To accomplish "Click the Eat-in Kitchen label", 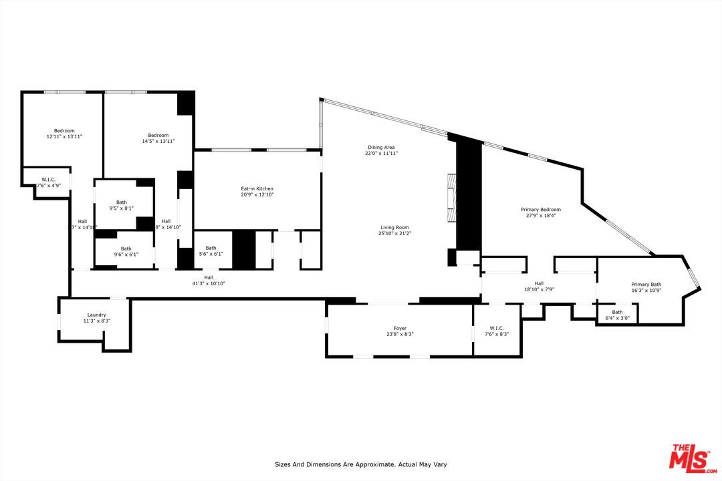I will coord(257,189).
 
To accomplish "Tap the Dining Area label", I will coord(381,147).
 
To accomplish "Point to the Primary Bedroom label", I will coord(541,210).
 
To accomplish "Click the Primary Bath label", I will coord(646,285).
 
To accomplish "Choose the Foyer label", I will coord(400,328).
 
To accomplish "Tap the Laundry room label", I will coord(97,315).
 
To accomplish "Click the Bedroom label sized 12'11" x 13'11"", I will coord(64,130).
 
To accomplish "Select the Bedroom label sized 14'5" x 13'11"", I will coord(158,136).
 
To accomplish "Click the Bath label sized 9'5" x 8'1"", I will coord(122,202).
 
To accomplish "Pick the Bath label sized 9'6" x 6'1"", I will coord(126,249).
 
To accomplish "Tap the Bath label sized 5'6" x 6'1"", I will coord(211,248).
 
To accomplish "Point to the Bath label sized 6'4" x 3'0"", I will coord(617,312).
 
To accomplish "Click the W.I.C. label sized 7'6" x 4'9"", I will coord(48,180).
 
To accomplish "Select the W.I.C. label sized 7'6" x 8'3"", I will coord(496,328).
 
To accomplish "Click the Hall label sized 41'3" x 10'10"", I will coord(209,277).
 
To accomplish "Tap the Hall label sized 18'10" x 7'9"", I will coord(539,283).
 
